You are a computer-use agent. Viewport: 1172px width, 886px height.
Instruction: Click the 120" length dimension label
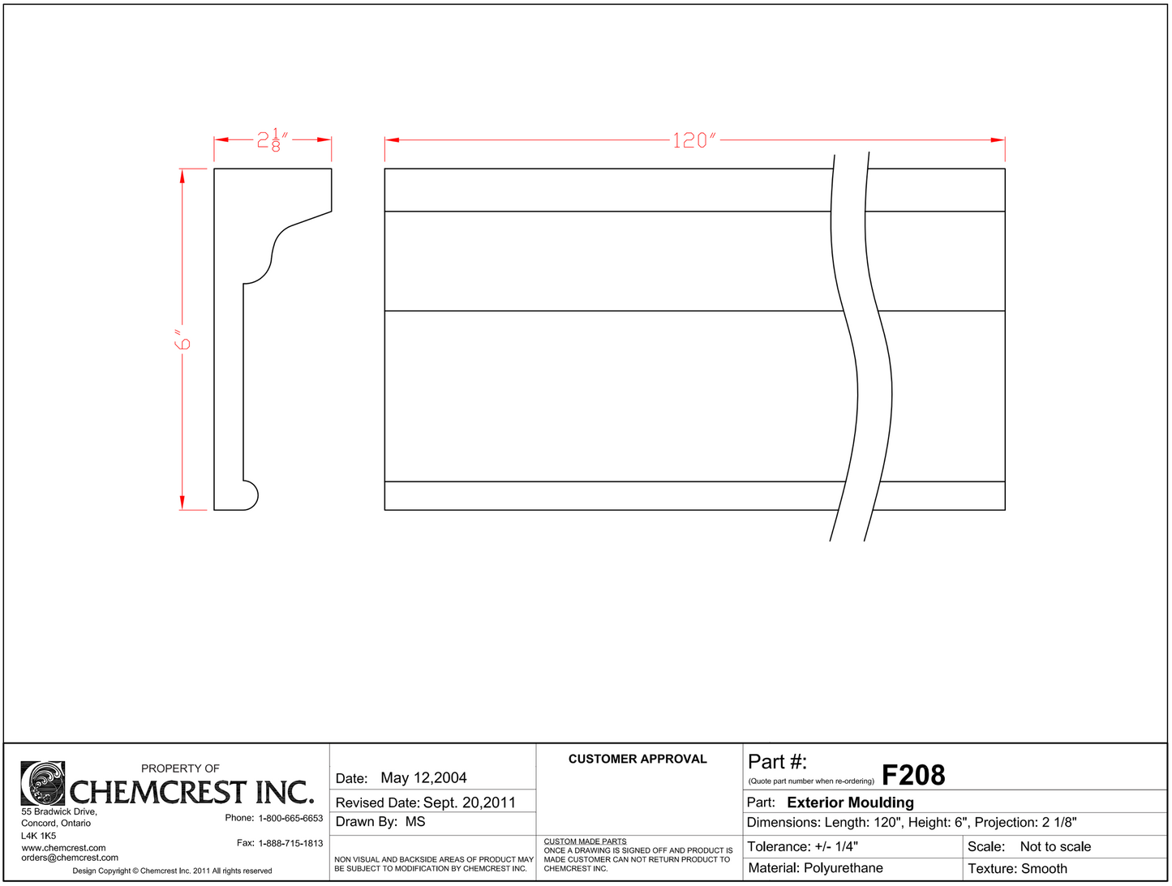(x=694, y=140)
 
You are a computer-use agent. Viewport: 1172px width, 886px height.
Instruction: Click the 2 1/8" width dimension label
(x=273, y=140)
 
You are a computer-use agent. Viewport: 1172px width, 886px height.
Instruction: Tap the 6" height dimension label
(x=183, y=340)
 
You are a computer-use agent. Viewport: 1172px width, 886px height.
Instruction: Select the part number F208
(x=913, y=776)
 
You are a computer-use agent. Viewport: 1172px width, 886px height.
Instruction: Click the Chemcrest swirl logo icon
(x=42, y=783)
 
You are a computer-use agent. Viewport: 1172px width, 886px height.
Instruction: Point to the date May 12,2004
(x=423, y=778)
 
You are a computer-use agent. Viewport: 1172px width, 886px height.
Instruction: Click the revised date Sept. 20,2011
(x=469, y=803)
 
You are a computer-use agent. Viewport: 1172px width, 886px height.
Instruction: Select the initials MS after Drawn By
(x=415, y=822)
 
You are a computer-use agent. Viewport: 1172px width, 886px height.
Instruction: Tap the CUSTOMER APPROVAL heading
(x=638, y=760)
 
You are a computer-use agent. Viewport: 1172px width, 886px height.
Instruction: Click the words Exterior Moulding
(x=850, y=803)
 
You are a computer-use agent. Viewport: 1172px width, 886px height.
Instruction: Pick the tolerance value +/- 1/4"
(x=836, y=847)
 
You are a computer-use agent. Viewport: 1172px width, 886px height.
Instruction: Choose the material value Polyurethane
(x=843, y=868)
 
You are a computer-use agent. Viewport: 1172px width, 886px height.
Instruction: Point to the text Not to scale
(x=1055, y=847)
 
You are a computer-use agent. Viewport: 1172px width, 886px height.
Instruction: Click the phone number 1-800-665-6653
(x=290, y=818)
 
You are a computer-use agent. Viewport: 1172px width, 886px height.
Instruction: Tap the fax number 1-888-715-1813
(x=290, y=843)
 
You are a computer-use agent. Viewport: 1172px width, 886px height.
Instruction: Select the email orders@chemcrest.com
(x=70, y=858)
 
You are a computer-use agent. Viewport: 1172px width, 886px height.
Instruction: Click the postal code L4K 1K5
(x=39, y=836)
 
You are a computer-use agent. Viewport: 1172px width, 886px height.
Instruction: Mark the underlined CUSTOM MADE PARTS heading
(x=585, y=841)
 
